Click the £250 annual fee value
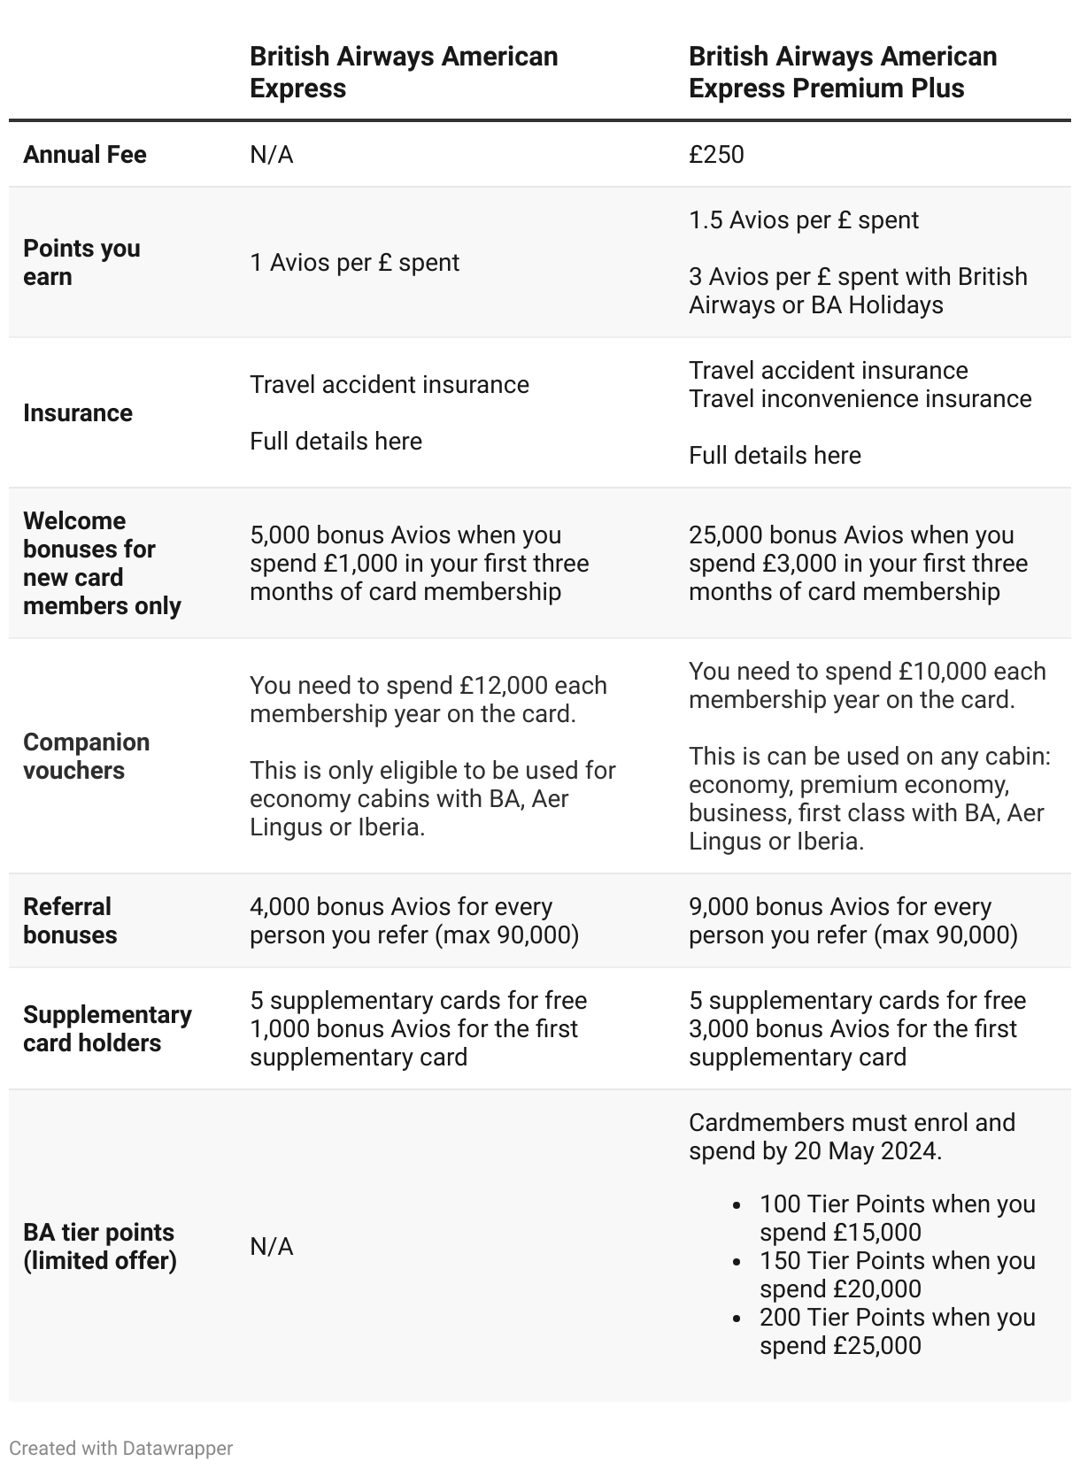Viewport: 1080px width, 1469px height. tap(716, 155)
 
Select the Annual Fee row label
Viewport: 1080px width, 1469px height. tap(85, 155)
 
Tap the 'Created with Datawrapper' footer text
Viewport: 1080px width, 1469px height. tap(121, 1449)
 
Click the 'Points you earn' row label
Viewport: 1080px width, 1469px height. tap(81, 262)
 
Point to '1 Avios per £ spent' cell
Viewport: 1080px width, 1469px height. tap(354, 263)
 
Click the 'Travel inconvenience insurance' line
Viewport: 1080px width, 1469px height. tap(860, 399)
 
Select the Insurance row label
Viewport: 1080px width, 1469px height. tap(78, 413)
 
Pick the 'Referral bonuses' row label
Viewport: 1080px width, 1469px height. tap(70, 920)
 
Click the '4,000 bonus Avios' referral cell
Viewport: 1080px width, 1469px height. tap(413, 920)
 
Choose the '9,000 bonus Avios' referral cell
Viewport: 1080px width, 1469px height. tap(852, 920)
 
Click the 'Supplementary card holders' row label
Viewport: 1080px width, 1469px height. tap(107, 1028)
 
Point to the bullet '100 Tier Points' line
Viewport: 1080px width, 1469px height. tap(896, 1218)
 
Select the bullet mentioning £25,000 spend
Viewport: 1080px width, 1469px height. tap(896, 1331)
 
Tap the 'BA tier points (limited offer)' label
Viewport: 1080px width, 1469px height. tap(99, 1246)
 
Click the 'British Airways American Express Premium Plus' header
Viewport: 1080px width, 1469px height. tap(842, 73)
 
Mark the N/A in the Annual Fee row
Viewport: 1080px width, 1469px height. tap(271, 155)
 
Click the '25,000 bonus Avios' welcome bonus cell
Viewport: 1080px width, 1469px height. tap(858, 563)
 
